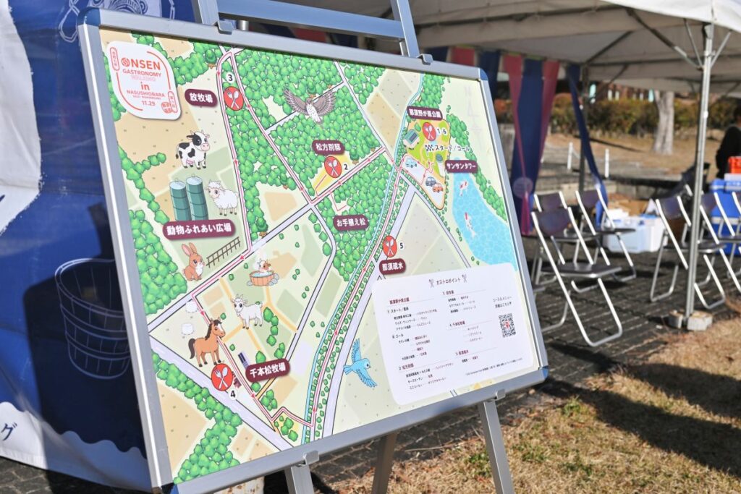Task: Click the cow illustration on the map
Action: tap(192, 150)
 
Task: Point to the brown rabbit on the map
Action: tap(193, 262)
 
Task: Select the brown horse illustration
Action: tap(207, 342)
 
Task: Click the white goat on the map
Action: tap(248, 312)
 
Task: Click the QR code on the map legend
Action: tap(507, 325)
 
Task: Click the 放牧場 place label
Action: tap(200, 98)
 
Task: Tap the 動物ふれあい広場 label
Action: tap(199, 229)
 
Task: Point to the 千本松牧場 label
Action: tap(267, 370)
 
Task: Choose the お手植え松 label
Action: tap(351, 223)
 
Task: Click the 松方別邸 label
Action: tap(329, 148)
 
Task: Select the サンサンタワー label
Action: tap(461, 166)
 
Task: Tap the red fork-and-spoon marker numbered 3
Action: tap(233, 98)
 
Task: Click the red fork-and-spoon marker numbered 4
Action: tap(222, 377)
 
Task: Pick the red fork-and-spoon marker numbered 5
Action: tap(390, 246)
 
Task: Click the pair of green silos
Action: tap(188, 198)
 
